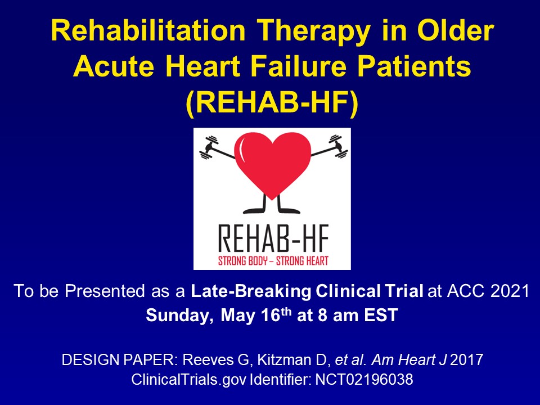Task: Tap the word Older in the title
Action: (453, 33)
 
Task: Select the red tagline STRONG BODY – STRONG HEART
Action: (272, 259)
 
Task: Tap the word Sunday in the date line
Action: (177, 315)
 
